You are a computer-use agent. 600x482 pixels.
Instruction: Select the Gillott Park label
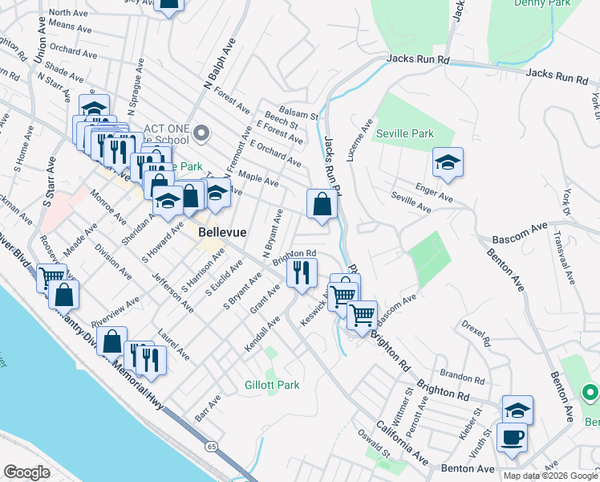(272, 385)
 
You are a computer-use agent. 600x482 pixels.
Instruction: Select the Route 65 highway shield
(209, 443)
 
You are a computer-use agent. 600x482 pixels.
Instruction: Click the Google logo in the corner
(27, 472)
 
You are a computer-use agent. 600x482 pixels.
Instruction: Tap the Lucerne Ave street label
(359, 141)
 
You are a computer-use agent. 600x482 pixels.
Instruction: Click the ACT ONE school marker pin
(202, 133)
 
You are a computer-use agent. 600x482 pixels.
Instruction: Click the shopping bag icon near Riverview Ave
(115, 341)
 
